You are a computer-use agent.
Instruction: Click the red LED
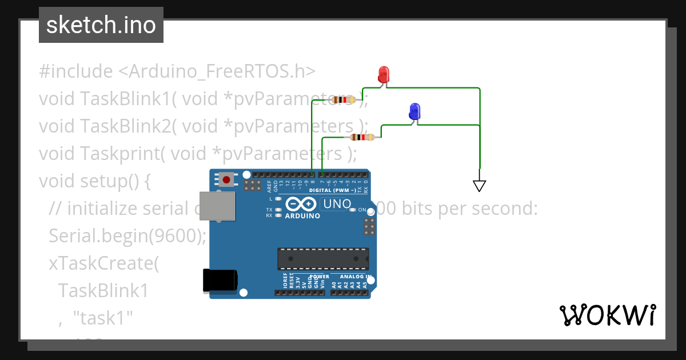[x=384, y=74]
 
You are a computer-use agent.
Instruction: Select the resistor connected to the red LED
[x=344, y=100]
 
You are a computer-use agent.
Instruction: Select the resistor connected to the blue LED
[x=362, y=137]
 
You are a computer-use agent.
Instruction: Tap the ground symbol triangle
[x=479, y=185]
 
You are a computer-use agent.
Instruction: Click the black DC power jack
[x=220, y=281]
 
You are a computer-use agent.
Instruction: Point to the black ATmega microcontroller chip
[x=323, y=258]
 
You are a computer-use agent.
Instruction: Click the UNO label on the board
[x=337, y=204]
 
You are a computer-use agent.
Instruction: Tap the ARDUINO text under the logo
[x=302, y=216]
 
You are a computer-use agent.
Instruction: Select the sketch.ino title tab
[x=101, y=25]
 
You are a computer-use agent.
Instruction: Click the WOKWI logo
[x=607, y=315]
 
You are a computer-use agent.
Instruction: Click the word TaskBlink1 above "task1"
[x=103, y=291]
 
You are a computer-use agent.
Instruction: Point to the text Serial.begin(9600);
[x=127, y=235]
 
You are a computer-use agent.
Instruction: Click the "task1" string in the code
[x=103, y=318]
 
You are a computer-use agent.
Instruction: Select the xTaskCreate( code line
[x=103, y=263]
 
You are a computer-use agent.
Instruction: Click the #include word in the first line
[x=75, y=71]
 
